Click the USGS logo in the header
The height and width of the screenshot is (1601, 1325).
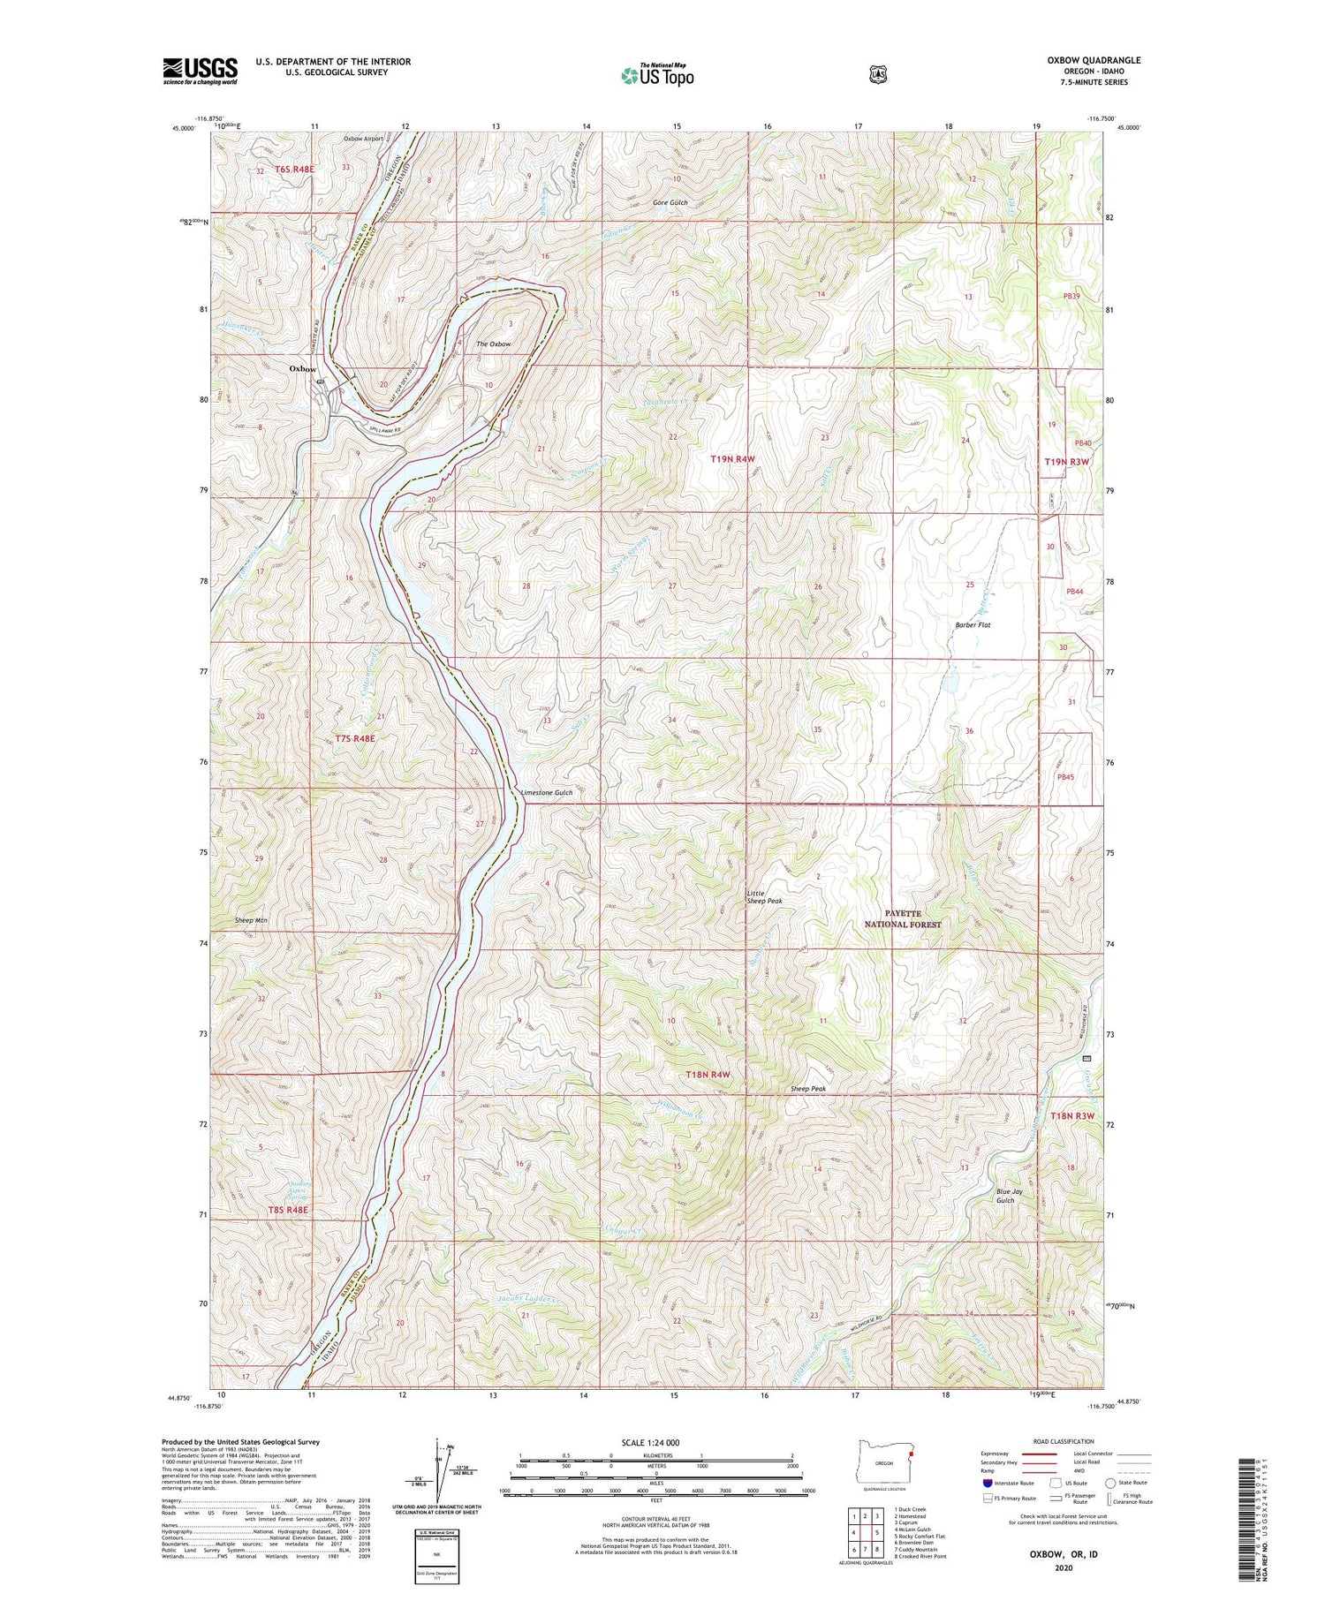click(x=200, y=71)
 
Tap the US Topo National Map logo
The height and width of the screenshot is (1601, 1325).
click(x=657, y=74)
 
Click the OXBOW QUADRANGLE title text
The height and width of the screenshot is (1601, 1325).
click(x=1094, y=60)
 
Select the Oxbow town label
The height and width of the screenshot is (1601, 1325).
click(x=303, y=369)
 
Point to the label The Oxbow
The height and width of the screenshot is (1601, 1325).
click(x=493, y=344)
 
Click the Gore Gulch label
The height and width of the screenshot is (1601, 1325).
click(x=670, y=203)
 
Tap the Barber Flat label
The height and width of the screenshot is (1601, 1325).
click(x=973, y=625)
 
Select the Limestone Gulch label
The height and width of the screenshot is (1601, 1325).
click(x=546, y=793)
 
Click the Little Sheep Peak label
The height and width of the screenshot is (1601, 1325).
click(x=764, y=897)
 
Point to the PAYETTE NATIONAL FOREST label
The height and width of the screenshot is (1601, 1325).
click(x=902, y=918)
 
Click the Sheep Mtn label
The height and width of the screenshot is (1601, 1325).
click(x=251, y=920)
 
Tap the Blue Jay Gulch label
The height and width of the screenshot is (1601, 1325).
click(x=1009, y=1196)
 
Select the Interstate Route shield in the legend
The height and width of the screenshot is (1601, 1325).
click(x=988, y=1483)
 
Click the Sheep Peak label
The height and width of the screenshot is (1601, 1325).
click(x=808, y=1090)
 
